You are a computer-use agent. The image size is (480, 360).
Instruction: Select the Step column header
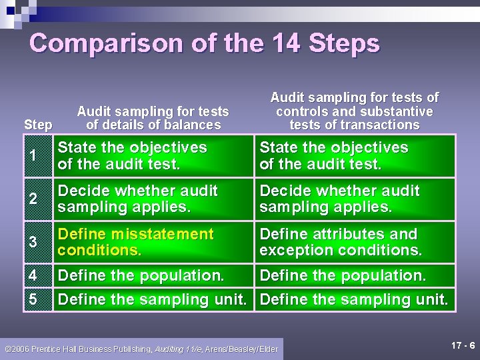click(x=38, y=125)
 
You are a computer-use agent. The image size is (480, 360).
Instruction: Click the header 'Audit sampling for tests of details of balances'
click(x=153, y=118)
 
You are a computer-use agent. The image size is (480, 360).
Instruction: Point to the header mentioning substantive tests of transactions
click(x=354, y=111)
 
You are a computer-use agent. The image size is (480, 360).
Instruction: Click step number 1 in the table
click(x=33, y=156)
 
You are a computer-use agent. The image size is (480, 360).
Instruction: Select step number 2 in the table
click(x=33, y=199)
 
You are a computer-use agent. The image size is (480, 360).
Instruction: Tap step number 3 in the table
click(x=33, y=243)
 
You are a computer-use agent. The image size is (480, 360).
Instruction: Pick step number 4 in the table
click(x=33, y=275)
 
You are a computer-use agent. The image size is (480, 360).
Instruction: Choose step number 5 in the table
click(x=33, y=300)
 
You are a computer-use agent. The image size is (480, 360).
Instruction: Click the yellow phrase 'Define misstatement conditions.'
click(x=135, y=243)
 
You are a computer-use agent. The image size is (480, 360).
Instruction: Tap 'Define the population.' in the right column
click(x=343, y=275)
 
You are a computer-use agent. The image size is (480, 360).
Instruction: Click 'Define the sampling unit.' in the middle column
click(x=153, y=300)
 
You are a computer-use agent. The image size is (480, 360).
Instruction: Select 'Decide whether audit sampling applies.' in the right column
click(x=339, y=199)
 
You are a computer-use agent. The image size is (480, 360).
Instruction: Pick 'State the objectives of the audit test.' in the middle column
click(x=132, y=156)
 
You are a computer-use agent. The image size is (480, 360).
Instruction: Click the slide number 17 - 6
click(x=463, y=345)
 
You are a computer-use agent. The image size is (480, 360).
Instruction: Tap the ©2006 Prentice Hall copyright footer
click(x=142, y=349)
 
